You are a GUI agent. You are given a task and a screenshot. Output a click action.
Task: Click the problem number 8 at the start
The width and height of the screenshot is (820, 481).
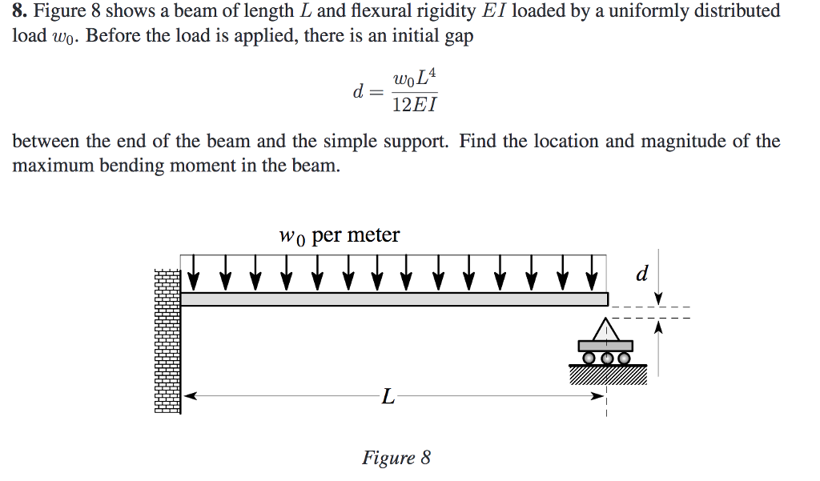click(x=18, y=11)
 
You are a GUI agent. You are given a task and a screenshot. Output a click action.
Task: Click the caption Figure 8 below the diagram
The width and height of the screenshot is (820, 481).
click(x=396, y=458)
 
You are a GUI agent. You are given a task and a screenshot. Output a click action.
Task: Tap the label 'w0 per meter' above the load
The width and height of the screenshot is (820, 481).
click(x=339, y=235)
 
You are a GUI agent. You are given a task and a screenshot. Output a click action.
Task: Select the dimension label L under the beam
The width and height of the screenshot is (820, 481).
click(x=388, y=396)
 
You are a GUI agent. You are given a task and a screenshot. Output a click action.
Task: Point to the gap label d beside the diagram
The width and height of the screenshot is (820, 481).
click(x=641, y=275)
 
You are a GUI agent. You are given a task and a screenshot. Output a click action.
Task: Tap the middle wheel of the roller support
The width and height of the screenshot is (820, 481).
click(x=606, y=358)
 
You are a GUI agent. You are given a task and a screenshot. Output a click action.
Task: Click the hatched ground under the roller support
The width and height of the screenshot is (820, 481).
click(x=607, y=375)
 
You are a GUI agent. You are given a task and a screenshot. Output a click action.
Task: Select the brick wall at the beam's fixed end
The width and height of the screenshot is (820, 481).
click(x=167, y=340)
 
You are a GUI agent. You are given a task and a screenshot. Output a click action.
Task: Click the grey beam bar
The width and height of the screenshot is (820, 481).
click(x=392, y=299)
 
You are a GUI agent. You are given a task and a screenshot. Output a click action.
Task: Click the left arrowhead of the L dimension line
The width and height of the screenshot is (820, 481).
click(x=189, y=395)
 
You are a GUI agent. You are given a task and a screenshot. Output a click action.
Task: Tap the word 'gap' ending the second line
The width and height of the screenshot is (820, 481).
click(x=457, y=38)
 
